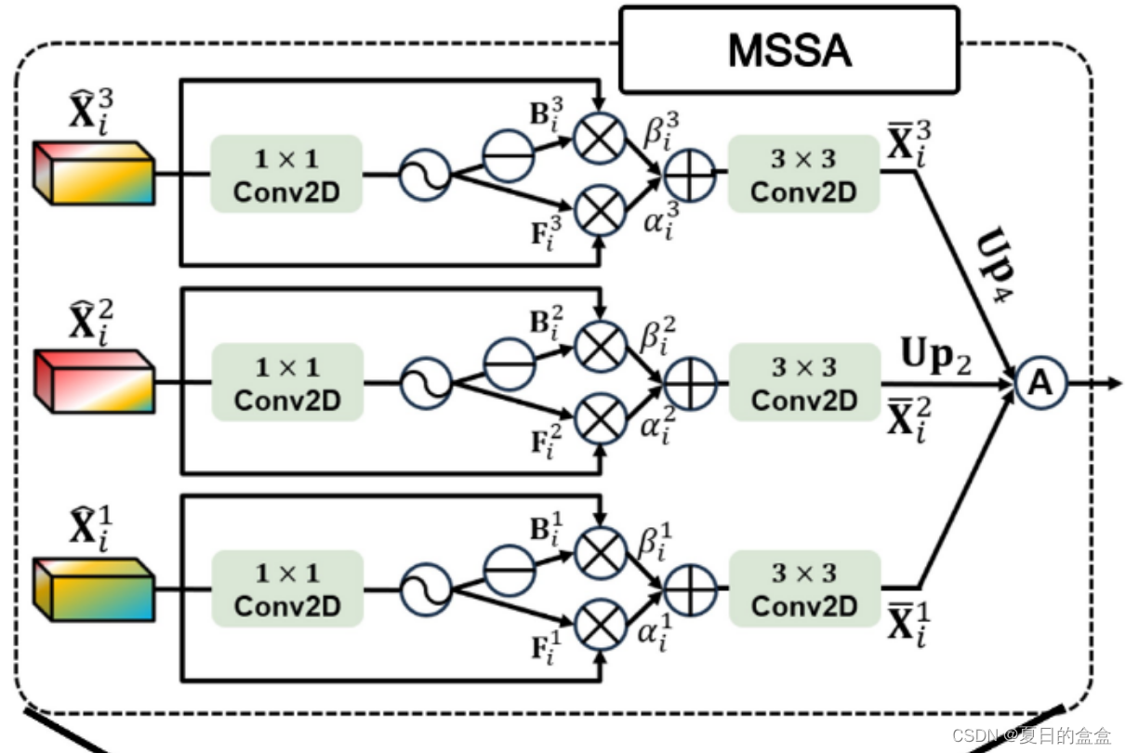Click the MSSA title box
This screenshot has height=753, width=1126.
click(x=788, y=49)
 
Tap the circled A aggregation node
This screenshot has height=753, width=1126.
click(x=1040, y=383)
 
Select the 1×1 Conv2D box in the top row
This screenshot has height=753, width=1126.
click(x=286, y=174)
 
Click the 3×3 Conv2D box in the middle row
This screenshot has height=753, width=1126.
click(x=804, y=382)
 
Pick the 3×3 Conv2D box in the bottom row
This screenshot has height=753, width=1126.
click(x=804, y=589)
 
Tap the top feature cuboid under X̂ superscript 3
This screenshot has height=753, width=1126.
click(x=92, y=174)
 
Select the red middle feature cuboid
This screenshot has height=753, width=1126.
click(x=92, y=382)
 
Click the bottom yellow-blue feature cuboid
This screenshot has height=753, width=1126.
click(x=92, y=589)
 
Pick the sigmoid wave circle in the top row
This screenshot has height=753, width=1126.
click(x=424, y=174)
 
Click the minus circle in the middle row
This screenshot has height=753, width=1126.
click(x=508, y=361)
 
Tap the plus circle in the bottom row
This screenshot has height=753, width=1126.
click(x=689, y=589)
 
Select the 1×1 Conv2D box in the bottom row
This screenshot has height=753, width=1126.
click(x=286, y=589)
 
